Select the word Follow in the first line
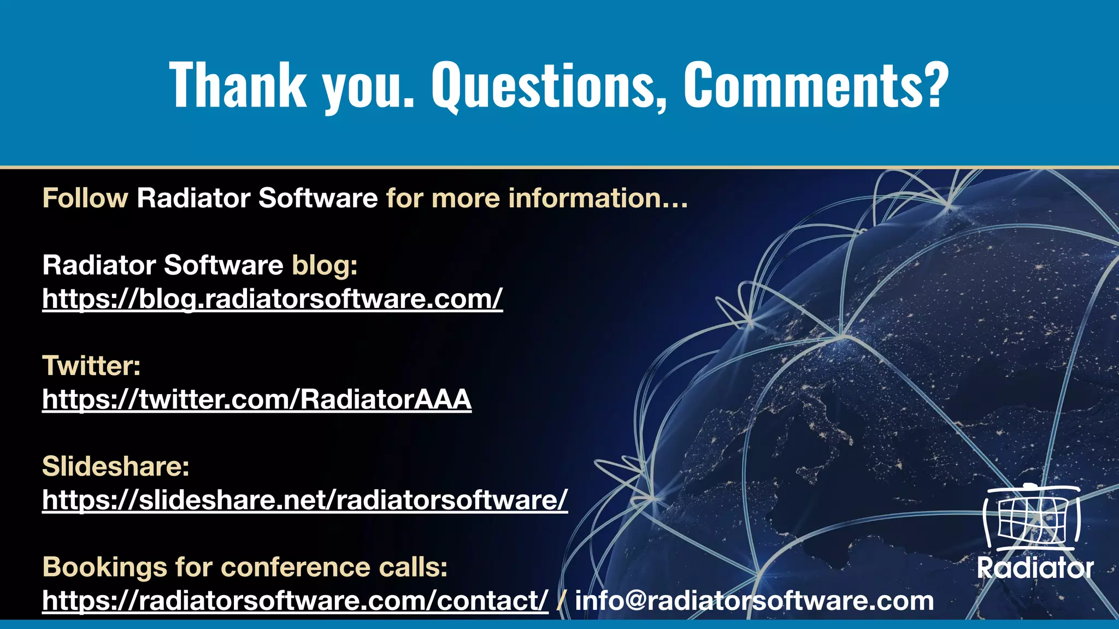[x=85, y=198]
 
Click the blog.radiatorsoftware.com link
[x=272, y=299]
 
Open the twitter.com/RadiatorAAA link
[x=257, y=399]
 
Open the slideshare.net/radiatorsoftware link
[x=305, y=500]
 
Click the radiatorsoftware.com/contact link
[x=295, y=601]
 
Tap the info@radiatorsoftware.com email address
[x=755, y=601]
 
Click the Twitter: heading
[x=91, y=366]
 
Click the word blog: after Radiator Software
[x=325, y=265]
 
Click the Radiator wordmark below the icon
[x=1035, y=568]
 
